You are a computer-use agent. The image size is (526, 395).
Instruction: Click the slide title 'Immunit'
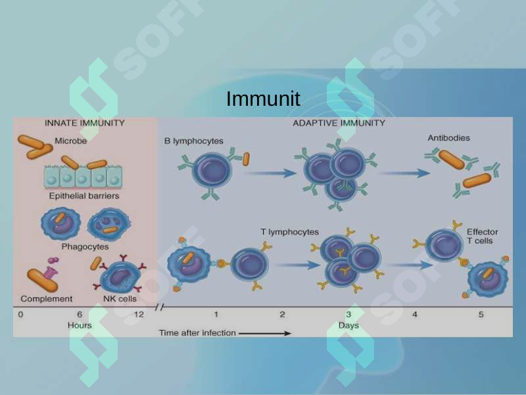click(x=263, y=99)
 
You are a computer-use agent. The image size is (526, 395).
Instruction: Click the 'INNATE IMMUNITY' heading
click(x=85, y=123)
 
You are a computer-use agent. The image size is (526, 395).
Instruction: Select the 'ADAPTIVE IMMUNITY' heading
click(x=339, y=123)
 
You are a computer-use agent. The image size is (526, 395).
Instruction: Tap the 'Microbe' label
click(x=71, y=141)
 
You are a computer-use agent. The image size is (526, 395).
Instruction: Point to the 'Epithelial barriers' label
click(x=84, y=196)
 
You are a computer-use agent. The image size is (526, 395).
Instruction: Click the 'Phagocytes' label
click(x=85, y=246)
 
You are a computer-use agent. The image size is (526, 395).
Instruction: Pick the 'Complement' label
click(x=47, y=299)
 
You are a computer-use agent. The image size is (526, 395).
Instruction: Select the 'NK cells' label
click(x=120, y=299)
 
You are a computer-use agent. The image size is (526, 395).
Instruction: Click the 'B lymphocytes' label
click(x=193, y=141)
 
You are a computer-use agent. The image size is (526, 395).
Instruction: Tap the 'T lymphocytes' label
click(x=289, y=232)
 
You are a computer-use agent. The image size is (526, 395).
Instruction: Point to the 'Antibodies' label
click(x=448, y=138)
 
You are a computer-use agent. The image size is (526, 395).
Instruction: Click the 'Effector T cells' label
click(x=482, y=237)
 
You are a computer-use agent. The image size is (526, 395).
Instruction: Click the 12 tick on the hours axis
click(x=139, y=315)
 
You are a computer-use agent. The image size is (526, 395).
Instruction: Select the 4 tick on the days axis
click(x=415, y=315)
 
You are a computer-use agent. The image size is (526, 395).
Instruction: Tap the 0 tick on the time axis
click(x=21, y=315)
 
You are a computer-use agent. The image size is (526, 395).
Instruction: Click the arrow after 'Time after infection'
click(x=265, y=333)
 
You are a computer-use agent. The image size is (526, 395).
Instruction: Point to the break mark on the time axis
click(x=160, y=307)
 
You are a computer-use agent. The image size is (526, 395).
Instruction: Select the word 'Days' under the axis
click(x=348, y=325)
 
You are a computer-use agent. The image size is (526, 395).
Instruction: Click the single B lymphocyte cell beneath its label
click(x=212, y=172)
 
